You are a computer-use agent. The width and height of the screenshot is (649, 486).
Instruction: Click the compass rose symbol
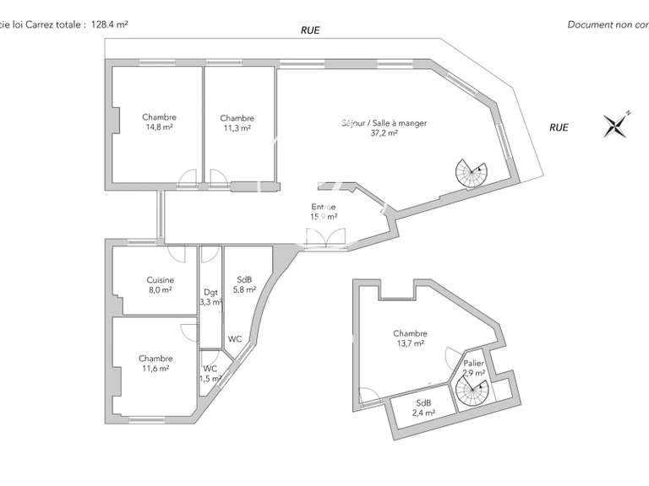click(x=618, y=126)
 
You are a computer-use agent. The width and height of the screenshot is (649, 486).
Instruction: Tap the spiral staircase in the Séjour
click(x=471, y=173)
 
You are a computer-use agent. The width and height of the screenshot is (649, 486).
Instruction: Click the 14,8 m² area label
click(x=159, y=128)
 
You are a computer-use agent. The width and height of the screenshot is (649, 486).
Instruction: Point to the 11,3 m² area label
click(x=237, y=128)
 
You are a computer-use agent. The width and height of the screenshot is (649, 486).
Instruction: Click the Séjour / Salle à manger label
click(x=384, y=122)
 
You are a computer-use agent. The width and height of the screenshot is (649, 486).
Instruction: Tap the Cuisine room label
click(x=160, y=280)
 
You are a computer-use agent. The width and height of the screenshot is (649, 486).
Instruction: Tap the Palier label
click(x=473, y=363)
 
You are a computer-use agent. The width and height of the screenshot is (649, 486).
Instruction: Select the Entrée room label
click(x=323, y=207)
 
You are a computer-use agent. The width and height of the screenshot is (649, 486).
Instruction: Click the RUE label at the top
click(x=310, y=30)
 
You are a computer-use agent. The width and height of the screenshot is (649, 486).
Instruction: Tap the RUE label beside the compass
click(x=559, y=127)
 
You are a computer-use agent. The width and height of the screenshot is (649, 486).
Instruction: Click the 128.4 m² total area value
click(x=109, y=25)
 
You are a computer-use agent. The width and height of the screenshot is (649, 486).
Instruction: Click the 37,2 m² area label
click(x=384, y=132)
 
